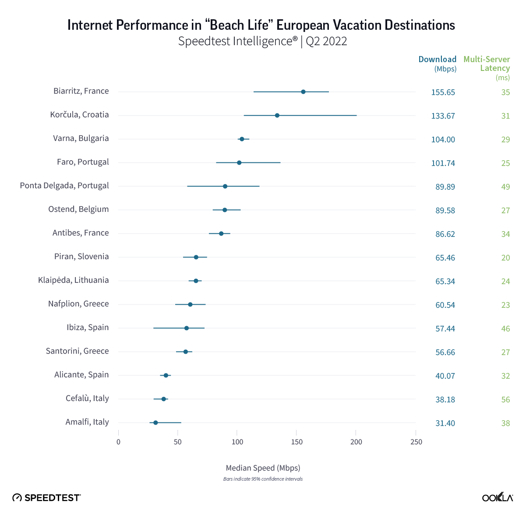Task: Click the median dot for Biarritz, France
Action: [x=303, y=92]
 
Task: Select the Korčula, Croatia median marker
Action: [x=277, y=116]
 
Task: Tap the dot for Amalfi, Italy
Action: [x=155, y=423]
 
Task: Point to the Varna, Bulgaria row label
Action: [x=81, y=138]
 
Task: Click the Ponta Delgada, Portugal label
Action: [x=64, y=186]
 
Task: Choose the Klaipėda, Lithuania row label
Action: [x=74, y=280]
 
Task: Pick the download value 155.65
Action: [x=443, y=92]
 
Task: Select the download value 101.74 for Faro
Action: [x=443, y=163]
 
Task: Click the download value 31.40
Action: [x=445, y=423]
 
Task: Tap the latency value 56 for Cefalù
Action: [x=505, y=400]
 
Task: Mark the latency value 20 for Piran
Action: [x=505, y=258]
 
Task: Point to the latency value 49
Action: [x=505, y=187]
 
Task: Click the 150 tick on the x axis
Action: [x=297, y=442]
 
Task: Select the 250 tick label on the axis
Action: [x=416, y=442]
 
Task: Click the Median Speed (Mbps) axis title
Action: [x=263, y=468]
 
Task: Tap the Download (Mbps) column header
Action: [x=438, y=63]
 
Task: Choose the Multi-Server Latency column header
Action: [x=487, y=64]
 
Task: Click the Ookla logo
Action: [x=498, y=497]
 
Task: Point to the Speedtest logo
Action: [x=46, y=498]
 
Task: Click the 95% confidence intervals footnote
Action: [x=263, y=479]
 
